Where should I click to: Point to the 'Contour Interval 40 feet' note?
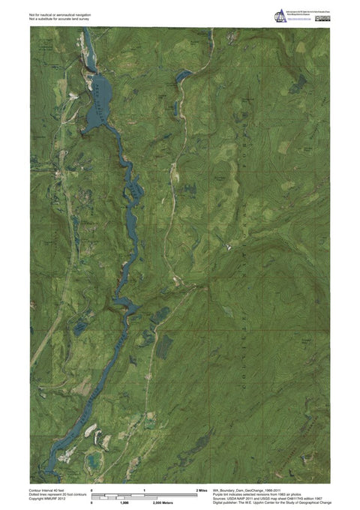(48, 489)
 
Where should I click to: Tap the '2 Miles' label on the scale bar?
(201, 489)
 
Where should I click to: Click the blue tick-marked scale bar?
(142, 496)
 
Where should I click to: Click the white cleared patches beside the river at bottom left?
(91, 430)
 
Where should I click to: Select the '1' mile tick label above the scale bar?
(143, 489)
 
